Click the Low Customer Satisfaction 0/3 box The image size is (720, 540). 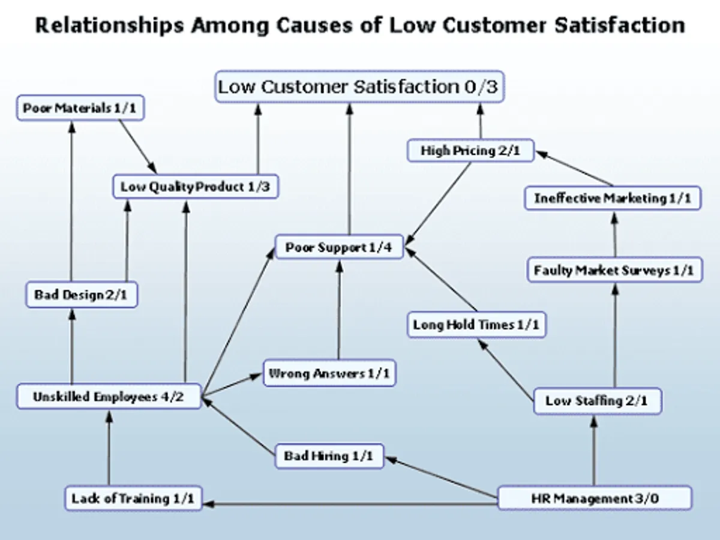358,87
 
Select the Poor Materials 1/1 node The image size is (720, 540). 80,109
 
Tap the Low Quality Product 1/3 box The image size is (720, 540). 196,187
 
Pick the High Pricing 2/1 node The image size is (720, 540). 470,151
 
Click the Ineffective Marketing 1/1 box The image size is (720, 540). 613,198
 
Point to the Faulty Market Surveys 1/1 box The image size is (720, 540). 614,271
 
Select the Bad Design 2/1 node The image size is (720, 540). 82,295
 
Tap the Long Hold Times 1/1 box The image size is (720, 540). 476,325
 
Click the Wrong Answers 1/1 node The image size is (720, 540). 329,374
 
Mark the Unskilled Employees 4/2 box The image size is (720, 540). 109,397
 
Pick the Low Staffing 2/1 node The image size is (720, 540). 597,401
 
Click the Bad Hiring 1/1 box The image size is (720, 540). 328,456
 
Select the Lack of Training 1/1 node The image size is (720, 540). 133,499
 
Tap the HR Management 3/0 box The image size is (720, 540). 595,499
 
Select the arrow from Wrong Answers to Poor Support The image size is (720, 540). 339,312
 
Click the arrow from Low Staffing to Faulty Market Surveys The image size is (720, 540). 614,336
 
